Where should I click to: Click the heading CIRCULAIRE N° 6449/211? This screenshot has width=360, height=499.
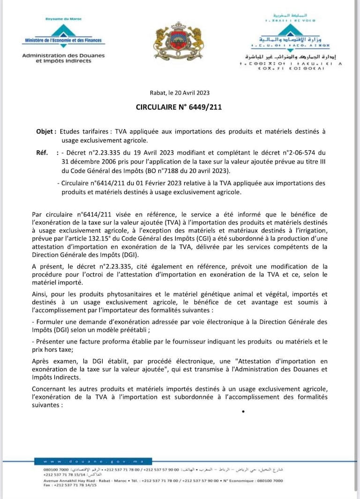pyautogui.click(x=179, y=107)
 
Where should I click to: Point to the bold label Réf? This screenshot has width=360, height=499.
pyautogui.click(x=42, y=152)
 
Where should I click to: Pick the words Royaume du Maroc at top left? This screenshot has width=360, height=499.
pyautogui.click(x=64, y=19)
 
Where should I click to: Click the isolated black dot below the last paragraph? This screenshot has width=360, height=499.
pyautogui.click(x=243, y=412)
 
